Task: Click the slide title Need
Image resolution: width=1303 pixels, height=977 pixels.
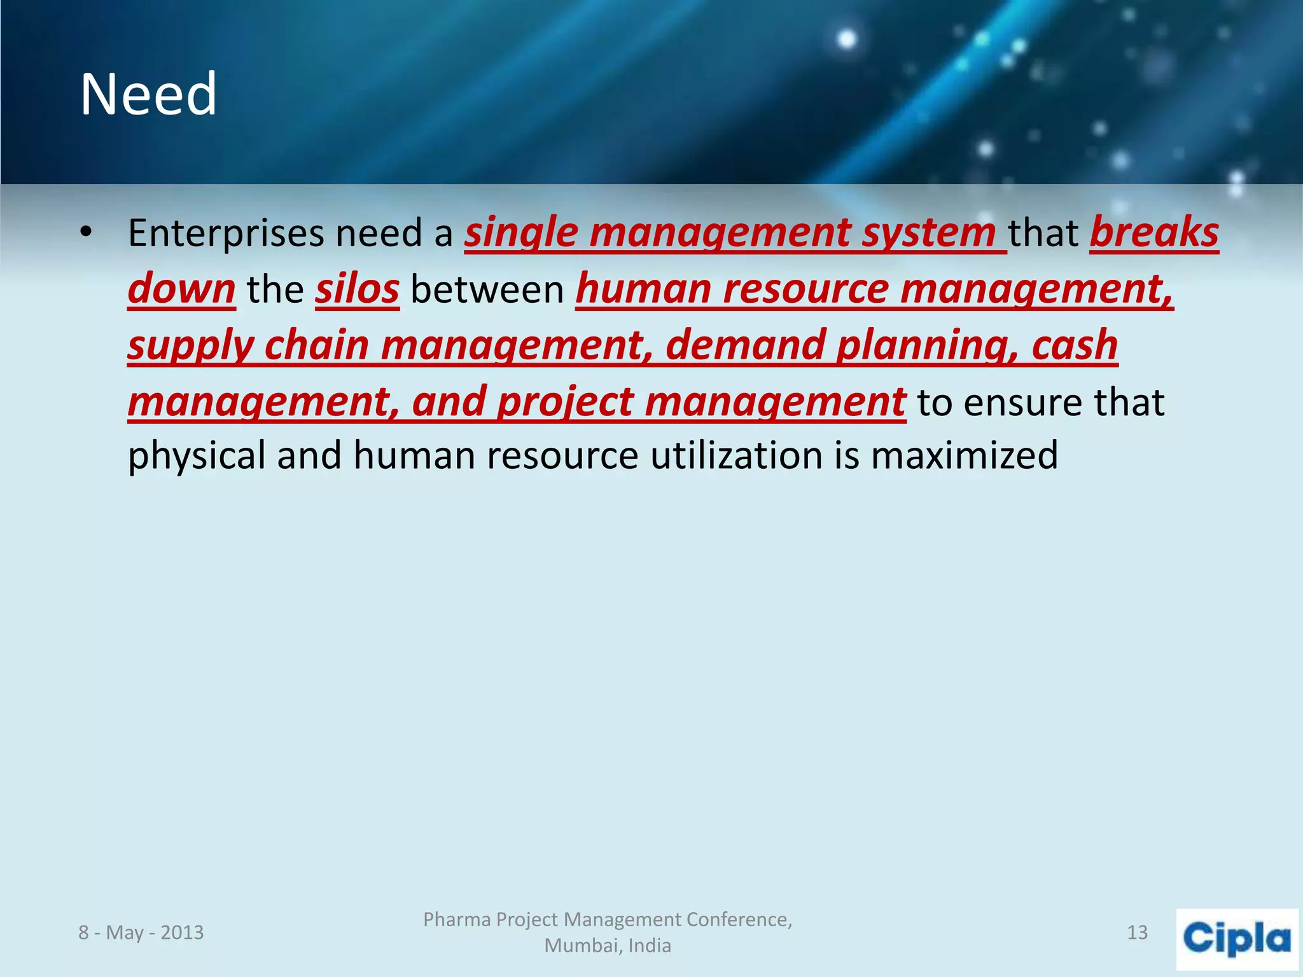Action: [x=148, y=95]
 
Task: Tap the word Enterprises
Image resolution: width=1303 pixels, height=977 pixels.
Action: [x=226, y=233]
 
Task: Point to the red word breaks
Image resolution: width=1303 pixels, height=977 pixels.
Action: [x=1154, y=233]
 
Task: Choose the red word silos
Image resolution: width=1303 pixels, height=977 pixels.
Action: [x=357, y=289]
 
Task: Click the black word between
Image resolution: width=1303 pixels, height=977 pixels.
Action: [x=487, y=289]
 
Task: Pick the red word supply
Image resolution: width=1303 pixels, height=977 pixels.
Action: [x=190, y=345]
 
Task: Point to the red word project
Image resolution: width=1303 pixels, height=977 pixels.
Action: [x=565, y=402]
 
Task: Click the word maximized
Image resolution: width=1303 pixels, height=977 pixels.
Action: [x=964, y=455]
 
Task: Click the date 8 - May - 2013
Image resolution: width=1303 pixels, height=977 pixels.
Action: [x=141, y=932]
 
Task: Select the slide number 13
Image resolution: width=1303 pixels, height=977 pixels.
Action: [x=1137, y=932]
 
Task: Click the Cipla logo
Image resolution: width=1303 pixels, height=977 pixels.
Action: [x=1236, y=939]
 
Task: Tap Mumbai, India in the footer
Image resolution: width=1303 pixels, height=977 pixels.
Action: [x=608, y=946]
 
